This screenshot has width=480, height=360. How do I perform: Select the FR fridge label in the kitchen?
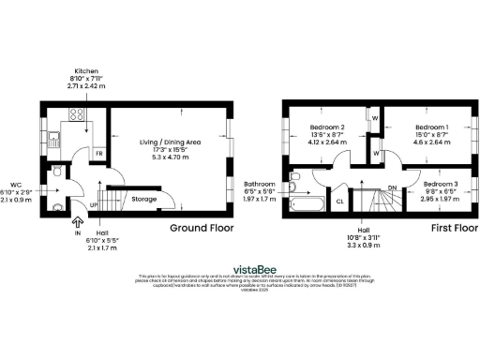point(97,152)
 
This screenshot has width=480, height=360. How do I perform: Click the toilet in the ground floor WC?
point(58,172)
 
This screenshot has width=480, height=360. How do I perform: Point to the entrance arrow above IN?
point(77,223)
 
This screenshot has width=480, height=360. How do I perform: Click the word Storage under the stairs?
point(143,199)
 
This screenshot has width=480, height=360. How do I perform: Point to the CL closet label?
point(338,200)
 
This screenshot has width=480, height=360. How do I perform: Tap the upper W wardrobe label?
point(374,118)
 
